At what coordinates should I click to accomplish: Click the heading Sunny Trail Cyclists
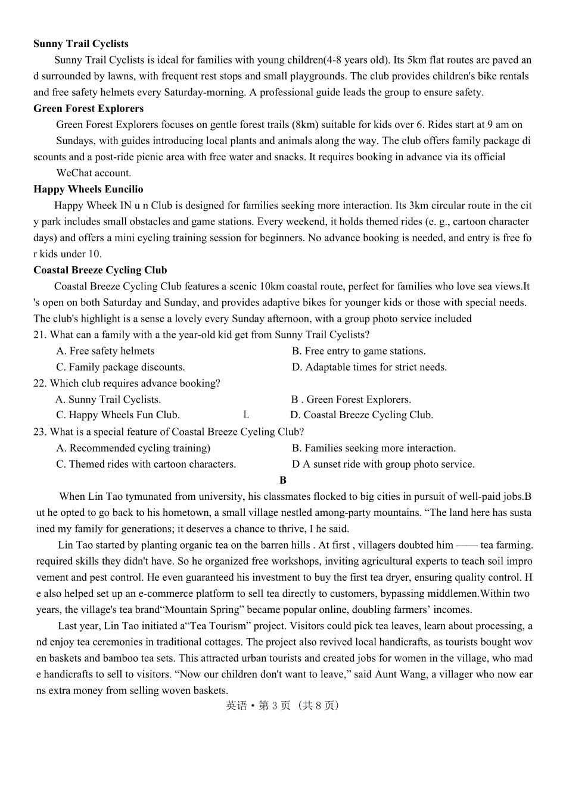(80, 44)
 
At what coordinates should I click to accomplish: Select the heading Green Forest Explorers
(88, 108)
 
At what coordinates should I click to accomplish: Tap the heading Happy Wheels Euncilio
(88, 189)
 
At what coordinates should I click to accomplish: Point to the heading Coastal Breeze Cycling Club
(100, 270)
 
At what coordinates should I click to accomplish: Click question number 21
(39, 335)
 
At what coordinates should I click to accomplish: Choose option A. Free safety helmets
(105, 351)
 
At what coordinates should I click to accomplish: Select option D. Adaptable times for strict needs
(369, 368)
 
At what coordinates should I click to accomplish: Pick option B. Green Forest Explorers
(351, 400)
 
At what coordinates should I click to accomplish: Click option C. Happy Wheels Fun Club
(117, 415)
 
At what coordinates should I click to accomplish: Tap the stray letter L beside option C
(246, 415)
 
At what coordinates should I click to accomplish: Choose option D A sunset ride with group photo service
(383, 465)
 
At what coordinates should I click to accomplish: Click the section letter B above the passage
(283, 480)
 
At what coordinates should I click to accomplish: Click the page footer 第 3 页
(275, 706)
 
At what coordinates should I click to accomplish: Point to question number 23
(39, 432)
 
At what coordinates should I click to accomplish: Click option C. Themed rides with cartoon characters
(146, 465)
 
